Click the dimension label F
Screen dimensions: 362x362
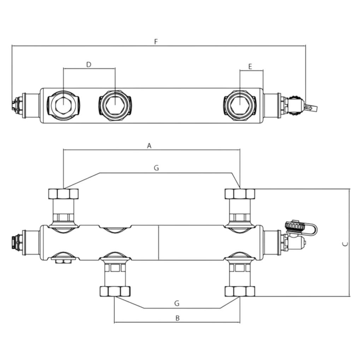point(156,42)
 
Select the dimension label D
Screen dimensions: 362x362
point(89,65)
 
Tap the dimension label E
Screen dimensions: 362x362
point(250,67)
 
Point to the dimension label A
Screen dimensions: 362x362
point(149,146)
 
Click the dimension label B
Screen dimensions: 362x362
point(177,319)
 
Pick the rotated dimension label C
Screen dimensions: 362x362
point(345,244)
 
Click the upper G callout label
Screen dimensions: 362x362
point(156,168)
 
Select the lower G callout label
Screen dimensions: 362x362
point(177,303)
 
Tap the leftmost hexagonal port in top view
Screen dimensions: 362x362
point(63,105)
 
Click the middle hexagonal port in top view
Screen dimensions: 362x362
point(115,105)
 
